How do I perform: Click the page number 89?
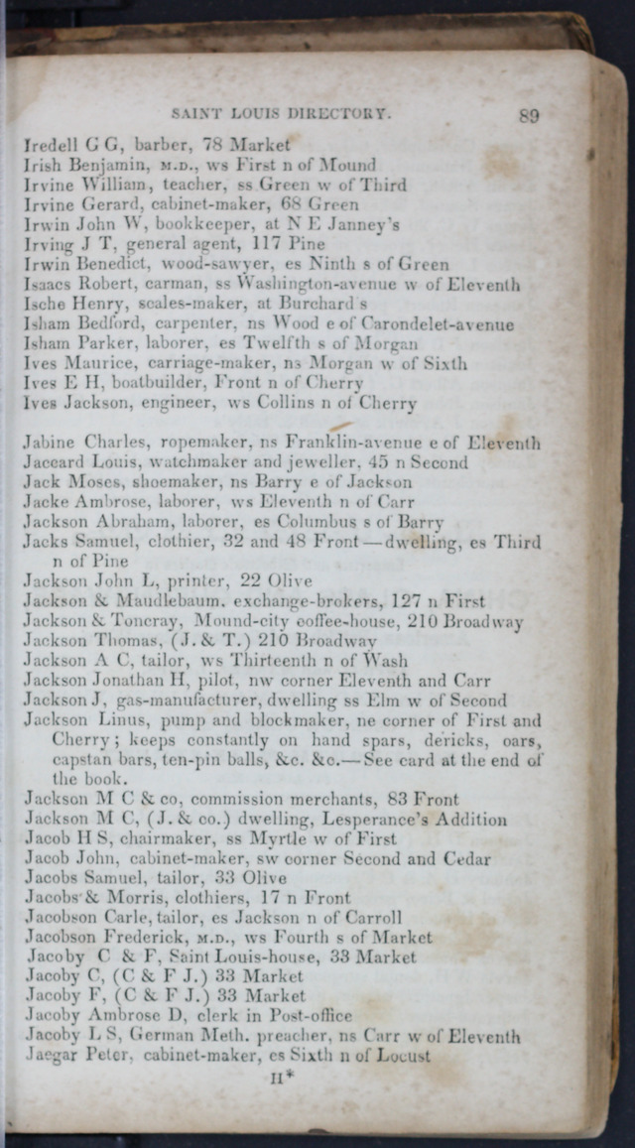tap(528, 115)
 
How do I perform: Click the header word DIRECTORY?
tap(347, 114)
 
